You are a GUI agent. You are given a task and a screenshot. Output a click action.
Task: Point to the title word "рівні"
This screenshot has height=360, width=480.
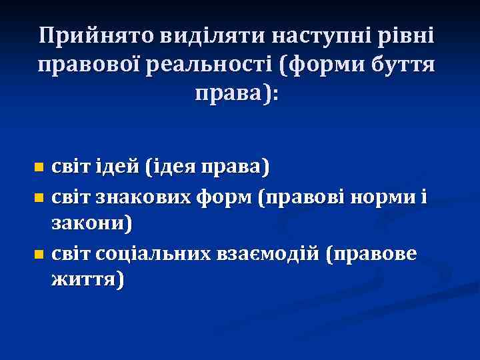click(x=405, y=35)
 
